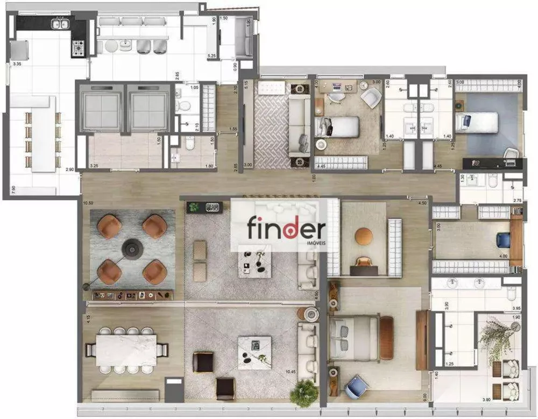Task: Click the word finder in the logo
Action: tap(286, 229)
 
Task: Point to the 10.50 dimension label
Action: tap(88, 203)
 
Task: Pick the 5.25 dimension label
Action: tap(212, 55)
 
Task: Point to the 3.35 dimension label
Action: tap(17, 64)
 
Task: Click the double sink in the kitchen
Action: tap(60, 24)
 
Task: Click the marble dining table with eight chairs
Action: tap(126, 350)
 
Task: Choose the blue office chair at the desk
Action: tap(503, 238)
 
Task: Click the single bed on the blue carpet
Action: tap(479, 122)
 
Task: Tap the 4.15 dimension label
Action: tap(88, 318)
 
